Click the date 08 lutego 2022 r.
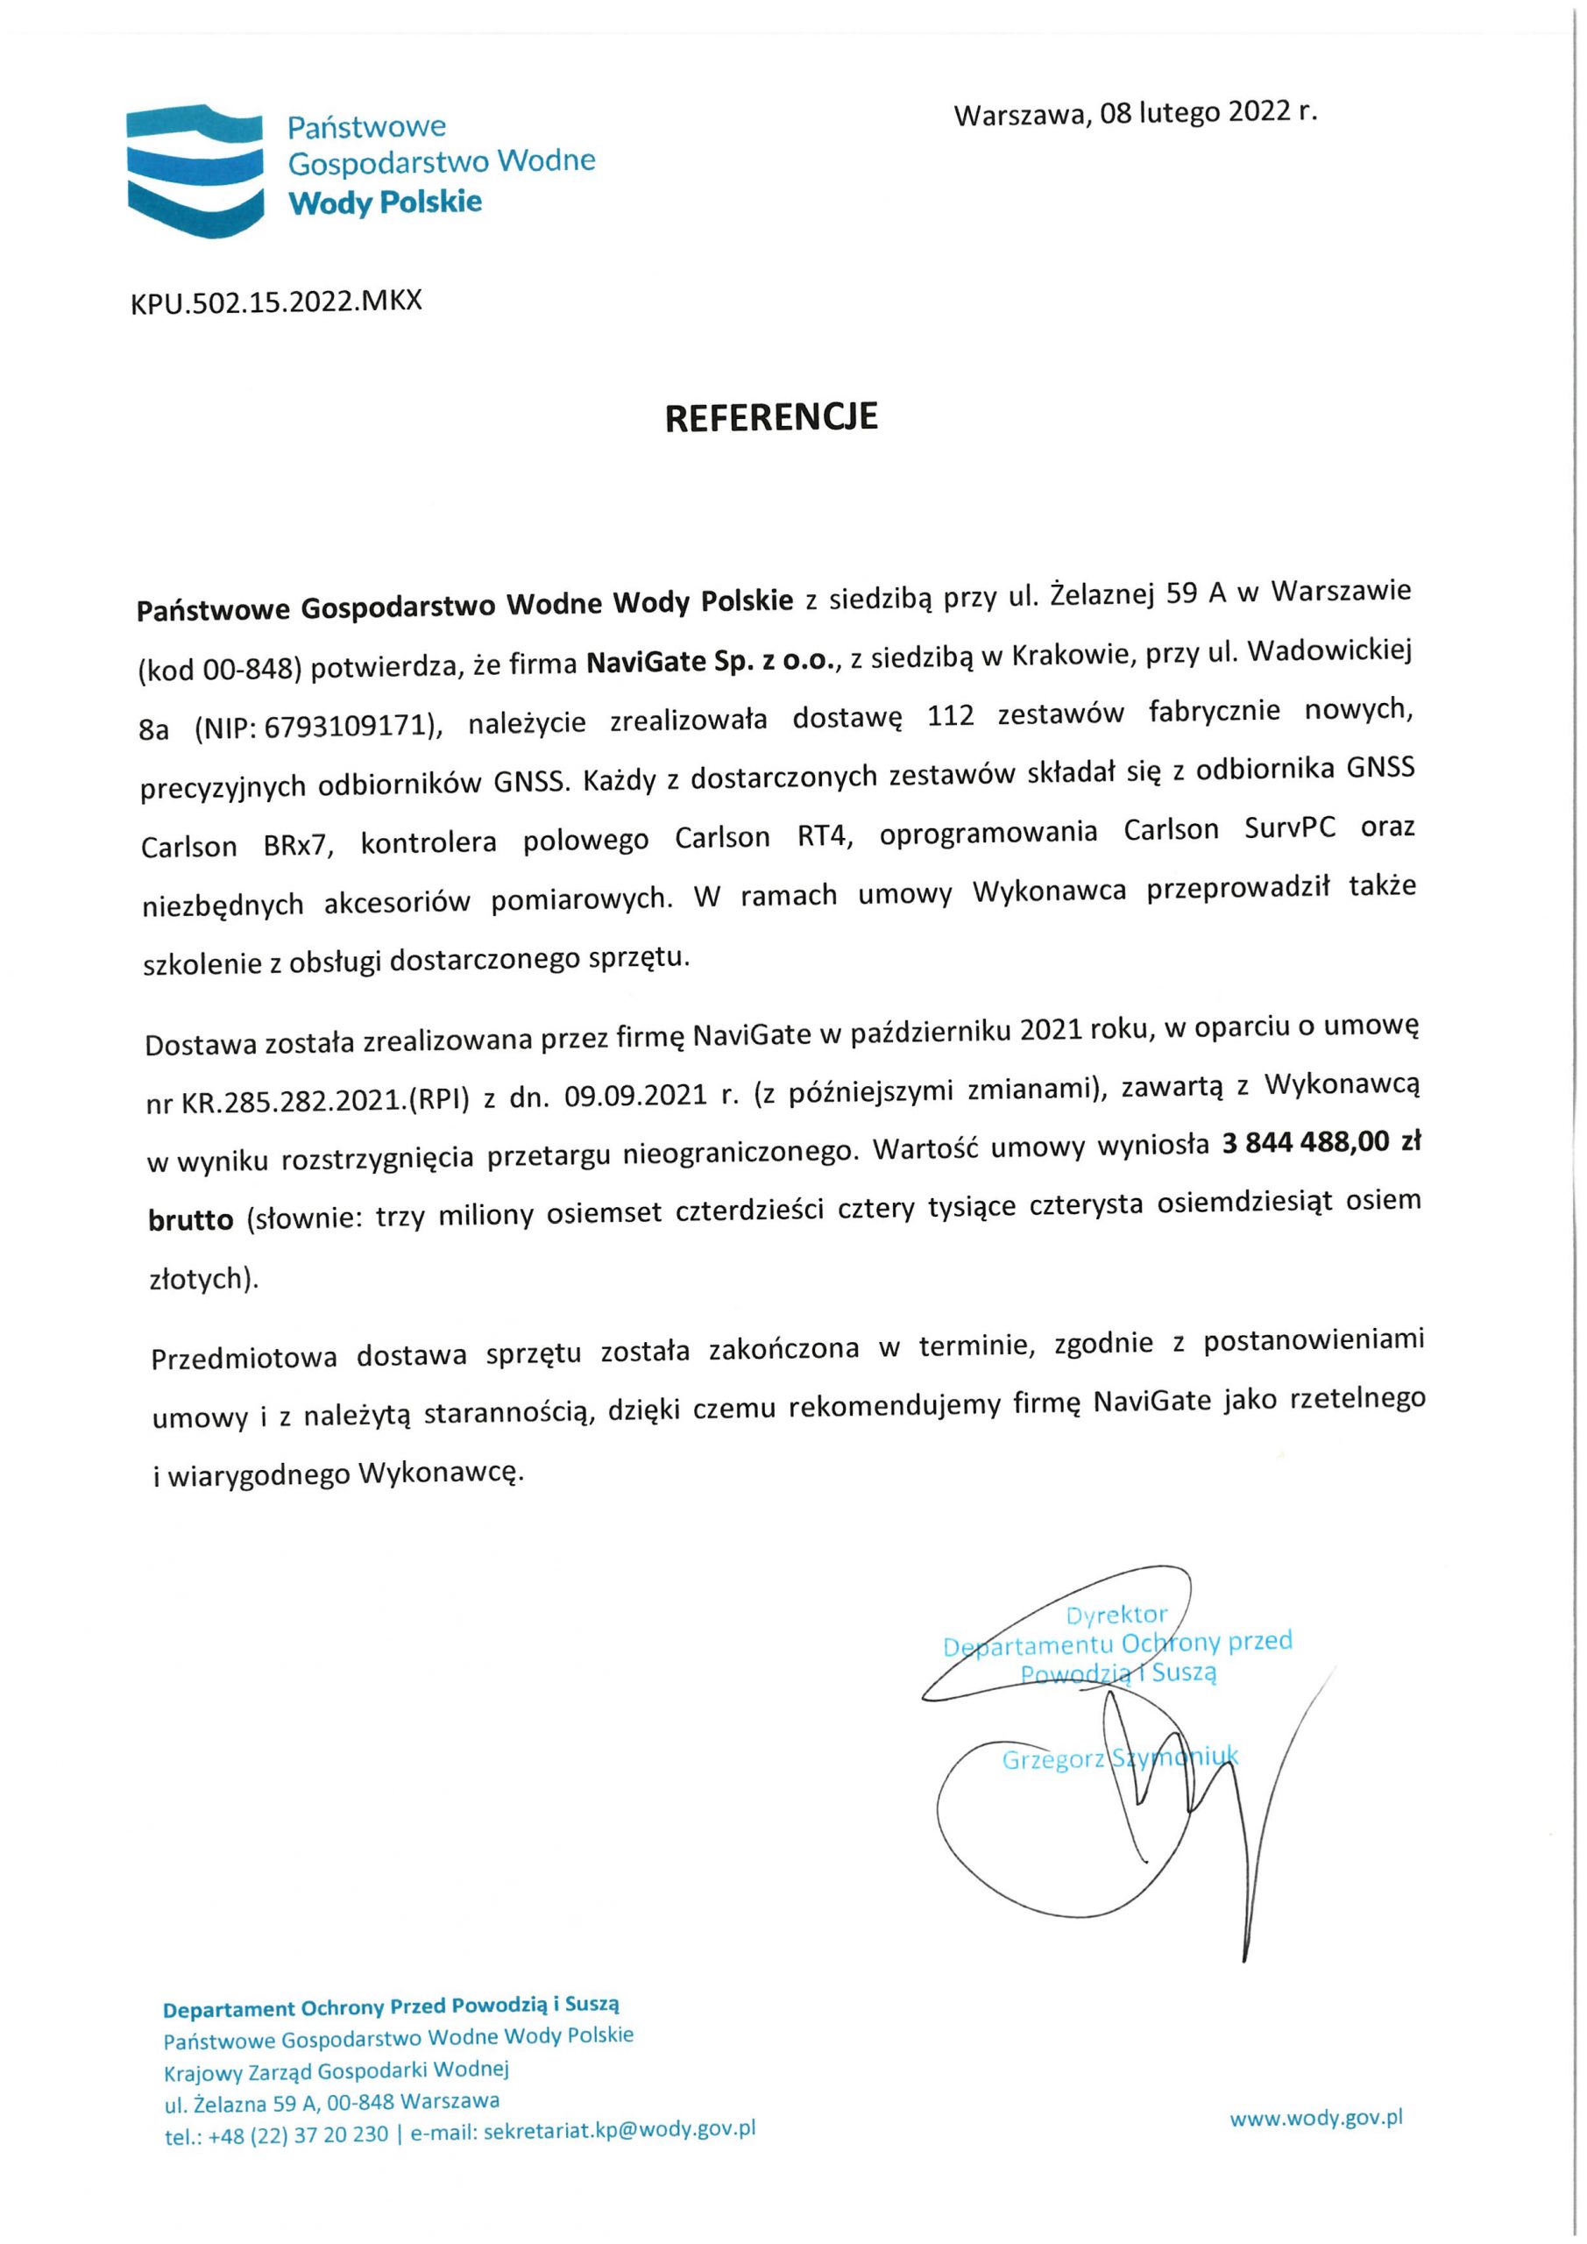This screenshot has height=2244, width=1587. tap(1208, 113)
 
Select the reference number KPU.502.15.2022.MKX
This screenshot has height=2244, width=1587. tap(277, 301)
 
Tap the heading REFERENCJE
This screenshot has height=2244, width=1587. tap(771, 417)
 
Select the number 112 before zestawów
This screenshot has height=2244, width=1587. tap(951, 716)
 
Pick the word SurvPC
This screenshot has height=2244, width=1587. tap(1290, 830)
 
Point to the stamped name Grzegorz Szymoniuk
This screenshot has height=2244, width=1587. tap(1120, 1759)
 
